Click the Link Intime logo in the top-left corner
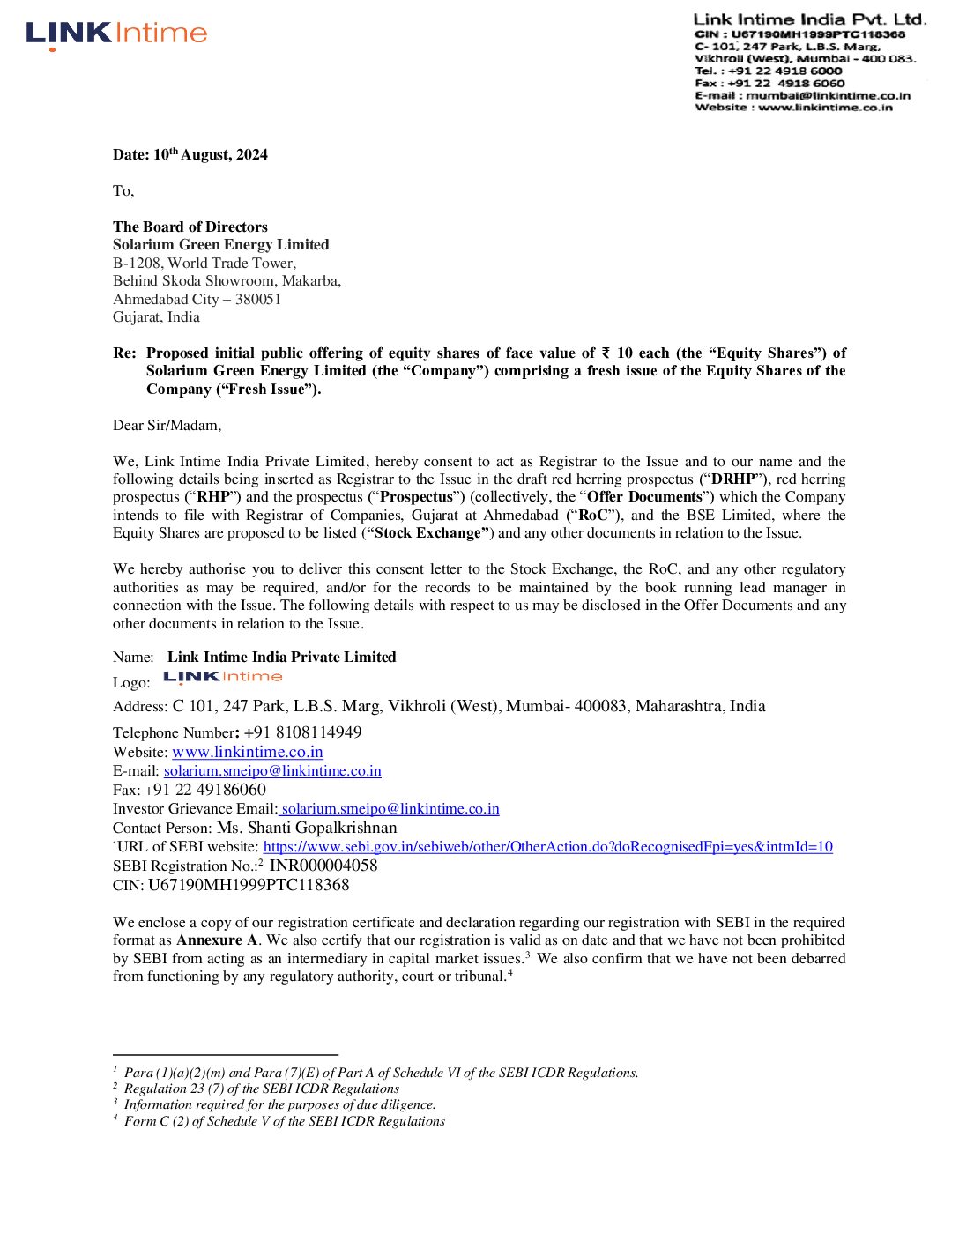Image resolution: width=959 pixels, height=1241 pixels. point(116,34)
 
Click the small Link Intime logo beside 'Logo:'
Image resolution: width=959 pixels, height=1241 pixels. point(223,677)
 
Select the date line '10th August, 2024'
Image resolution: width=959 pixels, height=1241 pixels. point(211,155)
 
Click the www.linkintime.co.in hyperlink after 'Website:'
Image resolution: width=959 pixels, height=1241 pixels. point(248,752)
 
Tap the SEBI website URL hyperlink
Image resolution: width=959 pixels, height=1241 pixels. point(547,847)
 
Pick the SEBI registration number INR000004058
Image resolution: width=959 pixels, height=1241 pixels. point(323,866)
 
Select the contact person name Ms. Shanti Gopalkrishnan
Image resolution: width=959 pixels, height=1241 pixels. point(307,828)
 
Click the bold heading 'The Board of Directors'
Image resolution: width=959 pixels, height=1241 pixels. point(190,227)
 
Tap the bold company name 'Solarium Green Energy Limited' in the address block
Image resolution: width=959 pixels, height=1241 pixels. point(221,245)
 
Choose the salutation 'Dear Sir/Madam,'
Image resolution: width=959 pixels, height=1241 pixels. point(167,426)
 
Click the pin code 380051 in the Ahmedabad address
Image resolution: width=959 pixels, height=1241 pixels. point(258,299)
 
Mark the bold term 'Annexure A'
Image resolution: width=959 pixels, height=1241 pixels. point(217,940)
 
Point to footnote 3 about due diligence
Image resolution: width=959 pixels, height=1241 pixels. point(279,1105)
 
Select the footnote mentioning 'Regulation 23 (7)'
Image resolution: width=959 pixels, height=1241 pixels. point(262,1089)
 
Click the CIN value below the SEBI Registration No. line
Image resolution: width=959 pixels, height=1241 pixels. point(249,885)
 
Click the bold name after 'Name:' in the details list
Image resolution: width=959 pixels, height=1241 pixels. point(282,658)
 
